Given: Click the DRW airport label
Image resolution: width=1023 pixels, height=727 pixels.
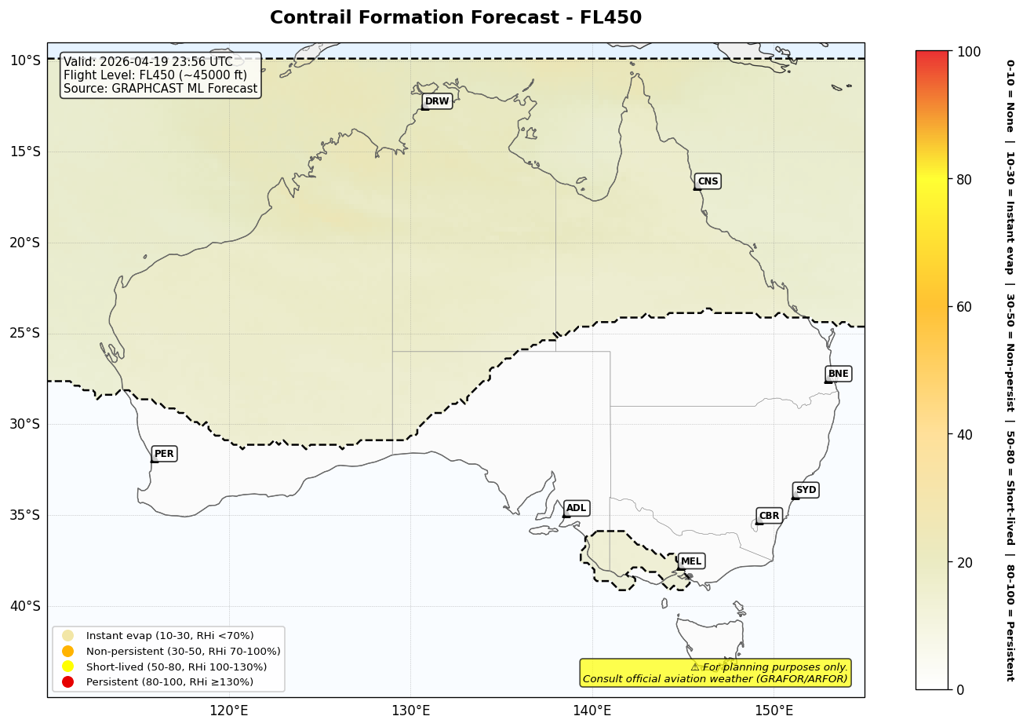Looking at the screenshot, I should (437, 101).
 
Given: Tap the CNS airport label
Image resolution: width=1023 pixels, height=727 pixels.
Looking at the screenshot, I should (708, 181).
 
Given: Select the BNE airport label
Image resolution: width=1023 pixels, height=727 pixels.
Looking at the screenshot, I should (838, 374).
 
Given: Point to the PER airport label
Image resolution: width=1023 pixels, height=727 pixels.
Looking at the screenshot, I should (164, 454).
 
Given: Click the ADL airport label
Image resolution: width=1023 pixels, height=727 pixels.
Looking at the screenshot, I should (576, 509).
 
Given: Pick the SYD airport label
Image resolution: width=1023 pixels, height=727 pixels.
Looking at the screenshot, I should (806, 490).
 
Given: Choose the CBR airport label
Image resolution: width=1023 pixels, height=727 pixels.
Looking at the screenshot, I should (769, 516).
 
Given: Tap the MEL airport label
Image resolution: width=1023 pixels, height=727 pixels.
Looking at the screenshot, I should (691, 561).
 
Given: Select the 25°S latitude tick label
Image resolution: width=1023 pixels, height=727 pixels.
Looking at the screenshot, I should (24, 334).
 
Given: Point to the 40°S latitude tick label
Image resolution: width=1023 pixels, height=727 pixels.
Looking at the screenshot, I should (24, 606).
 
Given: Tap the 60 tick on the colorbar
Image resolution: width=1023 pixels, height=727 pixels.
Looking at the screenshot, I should (964, 307).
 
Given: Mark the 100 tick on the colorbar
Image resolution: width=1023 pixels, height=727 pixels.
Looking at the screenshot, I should (969, 52).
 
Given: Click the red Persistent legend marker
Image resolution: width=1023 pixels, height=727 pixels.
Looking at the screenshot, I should (68, 681).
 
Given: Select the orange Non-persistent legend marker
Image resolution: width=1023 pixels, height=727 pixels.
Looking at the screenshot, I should (68, 651).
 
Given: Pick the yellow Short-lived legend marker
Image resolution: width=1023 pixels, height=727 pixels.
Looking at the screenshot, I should (68, 667).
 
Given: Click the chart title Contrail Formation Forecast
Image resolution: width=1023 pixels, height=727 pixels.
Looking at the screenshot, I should (456, 18).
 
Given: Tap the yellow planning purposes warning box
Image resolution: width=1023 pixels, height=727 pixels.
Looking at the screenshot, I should (715, 673).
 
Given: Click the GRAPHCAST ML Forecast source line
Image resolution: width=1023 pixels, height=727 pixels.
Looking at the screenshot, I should (161, 89).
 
